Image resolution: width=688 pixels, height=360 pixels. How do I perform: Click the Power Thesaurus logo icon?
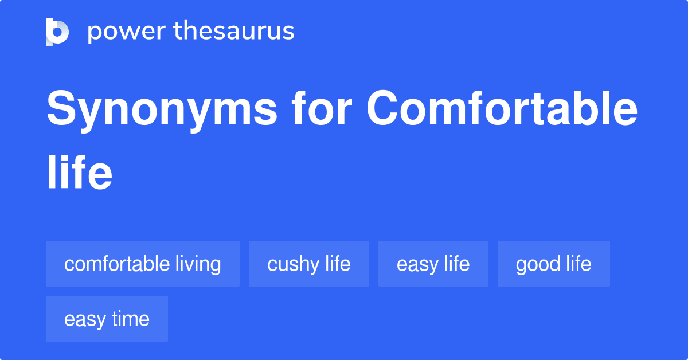coord(57,32)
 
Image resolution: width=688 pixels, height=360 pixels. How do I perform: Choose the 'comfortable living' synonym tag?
coord(143,264)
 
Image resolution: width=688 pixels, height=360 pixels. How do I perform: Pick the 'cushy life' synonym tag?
coord(309,264)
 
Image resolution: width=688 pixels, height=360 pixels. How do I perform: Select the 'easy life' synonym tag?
coord(433,264)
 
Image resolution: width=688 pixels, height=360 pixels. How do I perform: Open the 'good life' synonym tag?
coord(553,264)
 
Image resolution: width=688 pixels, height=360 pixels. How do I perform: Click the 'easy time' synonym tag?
coord(107,319)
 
